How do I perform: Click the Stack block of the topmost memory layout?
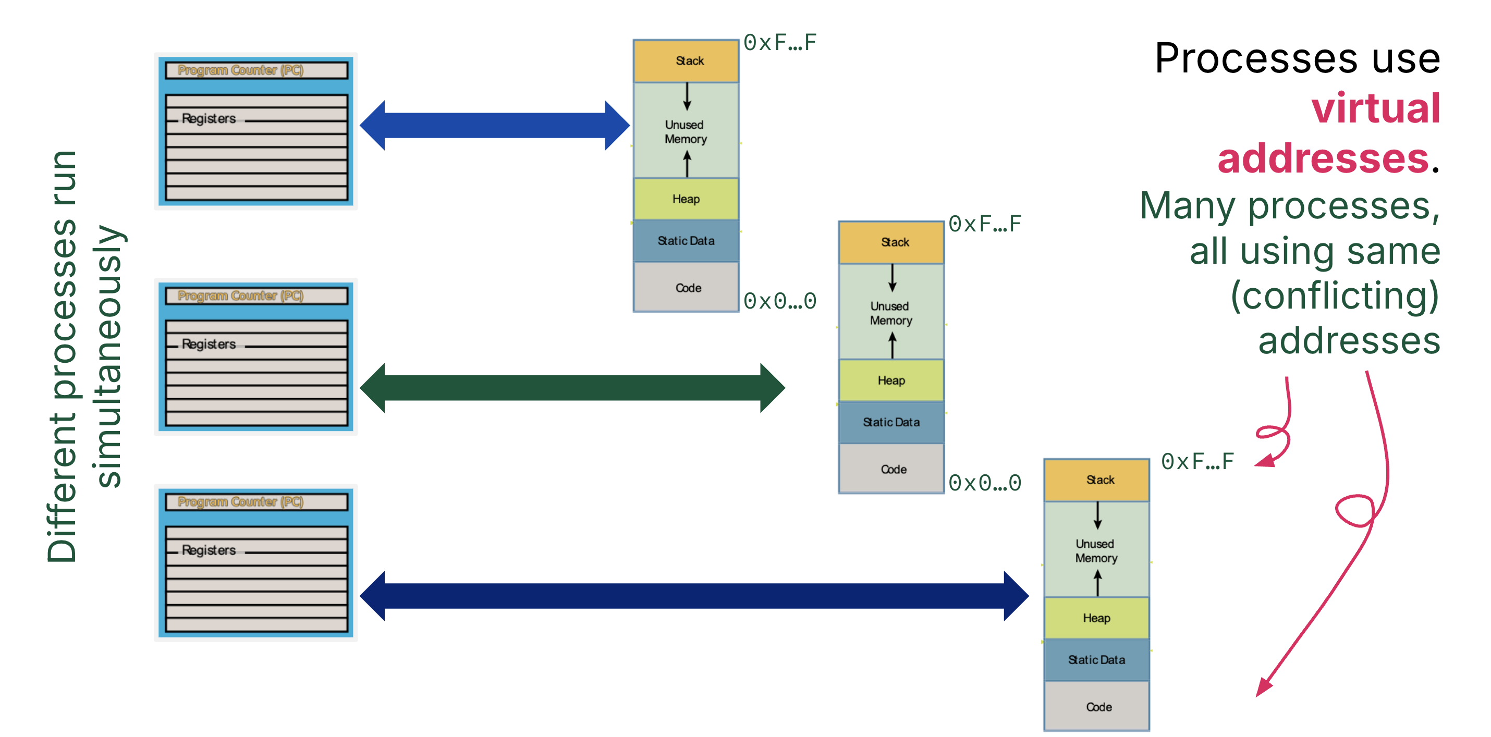(686, 61)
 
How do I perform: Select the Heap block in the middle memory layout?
(891, 380)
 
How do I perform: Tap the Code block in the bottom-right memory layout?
(1097, 706)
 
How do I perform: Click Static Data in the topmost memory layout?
(686, 241)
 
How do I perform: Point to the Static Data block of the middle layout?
(891, 422)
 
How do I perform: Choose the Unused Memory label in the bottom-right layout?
(1096, 551)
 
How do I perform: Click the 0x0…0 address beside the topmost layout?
(780, 301)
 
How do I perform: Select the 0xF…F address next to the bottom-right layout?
(1197, 462)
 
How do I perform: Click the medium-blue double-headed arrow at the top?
(494, 125)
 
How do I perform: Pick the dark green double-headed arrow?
(572, 388)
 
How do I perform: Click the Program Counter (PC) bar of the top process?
(256, 70)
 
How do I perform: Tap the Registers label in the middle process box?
(209, 344)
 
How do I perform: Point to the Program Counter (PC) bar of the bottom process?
(256, 501)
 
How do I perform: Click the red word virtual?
(1375, 108)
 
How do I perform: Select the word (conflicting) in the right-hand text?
(1334, 296)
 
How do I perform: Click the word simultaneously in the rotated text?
(108, 356)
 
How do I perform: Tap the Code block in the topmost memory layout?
(686, 288)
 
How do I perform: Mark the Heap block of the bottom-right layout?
(1096, 618)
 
